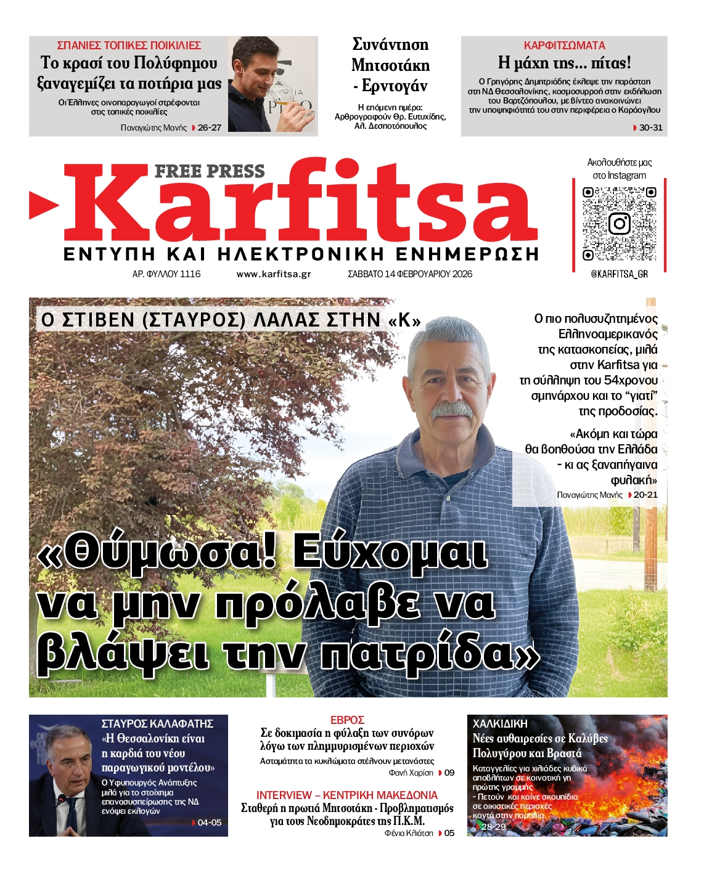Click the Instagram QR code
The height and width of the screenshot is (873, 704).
pos(619,224)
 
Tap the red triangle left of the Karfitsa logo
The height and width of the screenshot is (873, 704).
pos(43,205)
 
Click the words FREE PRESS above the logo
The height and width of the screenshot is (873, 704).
pos(210,171)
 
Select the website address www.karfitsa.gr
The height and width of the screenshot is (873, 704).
pos(273,274)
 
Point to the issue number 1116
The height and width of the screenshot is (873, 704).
pos(190,274)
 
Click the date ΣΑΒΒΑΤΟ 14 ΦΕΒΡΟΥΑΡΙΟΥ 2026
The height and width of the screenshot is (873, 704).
pos(410,274)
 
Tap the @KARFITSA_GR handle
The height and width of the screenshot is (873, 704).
pos(619,274)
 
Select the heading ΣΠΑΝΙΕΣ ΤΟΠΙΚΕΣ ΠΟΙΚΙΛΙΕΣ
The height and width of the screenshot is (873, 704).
pos(129,46)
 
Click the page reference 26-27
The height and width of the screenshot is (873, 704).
pos(209,128)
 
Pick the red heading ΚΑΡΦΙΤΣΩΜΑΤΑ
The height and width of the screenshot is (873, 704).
pos(564,46)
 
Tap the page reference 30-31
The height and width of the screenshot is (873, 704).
pos(650,128)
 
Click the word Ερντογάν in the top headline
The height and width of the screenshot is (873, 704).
pos(394,86)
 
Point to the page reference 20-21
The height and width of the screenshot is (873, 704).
pos(645,495)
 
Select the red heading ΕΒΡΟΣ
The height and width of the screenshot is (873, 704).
pos(347,720)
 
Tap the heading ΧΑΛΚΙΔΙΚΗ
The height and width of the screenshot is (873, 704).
pos(500,724)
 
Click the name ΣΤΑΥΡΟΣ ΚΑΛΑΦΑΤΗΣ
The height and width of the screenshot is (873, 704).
pos(157,724)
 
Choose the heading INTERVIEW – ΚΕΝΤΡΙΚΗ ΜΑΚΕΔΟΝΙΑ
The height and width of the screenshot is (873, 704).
pos(347,795)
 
